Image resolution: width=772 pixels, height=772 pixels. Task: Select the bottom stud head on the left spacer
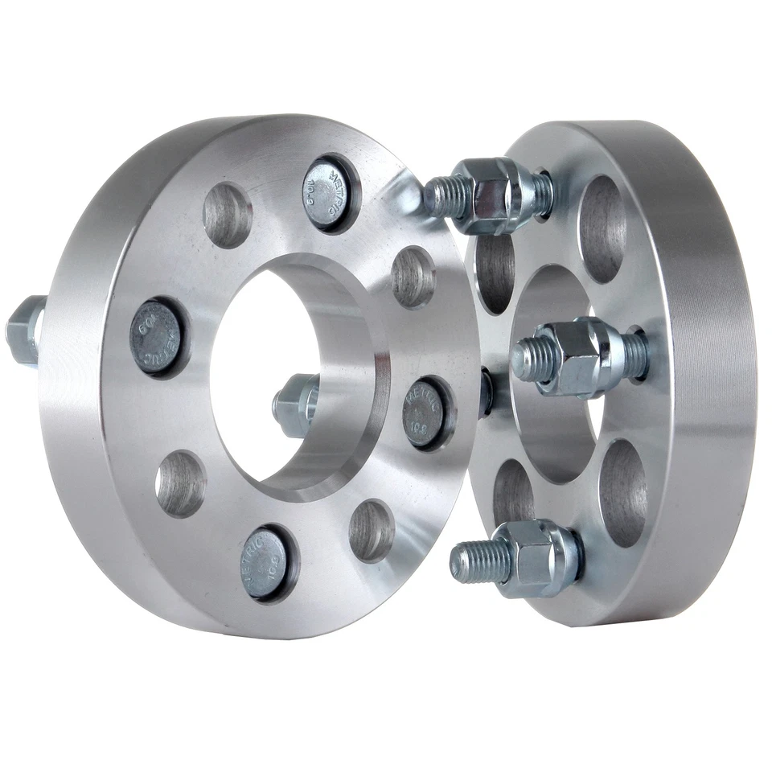point(269,562)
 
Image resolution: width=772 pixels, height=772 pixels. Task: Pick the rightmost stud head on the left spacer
point(425,412)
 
